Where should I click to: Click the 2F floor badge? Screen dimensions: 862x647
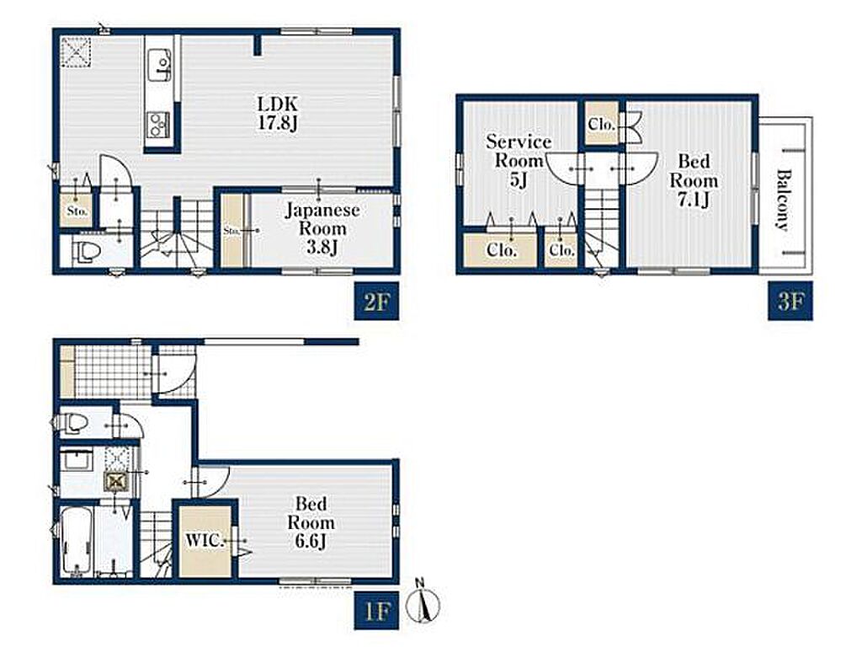point(376,301)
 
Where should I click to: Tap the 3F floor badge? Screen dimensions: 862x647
point(790,301)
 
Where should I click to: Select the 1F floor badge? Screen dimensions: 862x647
point(376,610)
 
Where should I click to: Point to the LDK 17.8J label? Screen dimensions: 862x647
point(278,113)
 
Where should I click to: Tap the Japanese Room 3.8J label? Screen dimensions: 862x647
point(322,228)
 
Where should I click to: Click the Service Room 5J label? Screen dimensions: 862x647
point(519,161)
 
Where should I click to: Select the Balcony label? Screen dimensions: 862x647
point(784,200)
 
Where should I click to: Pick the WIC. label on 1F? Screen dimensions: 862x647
point(204,540)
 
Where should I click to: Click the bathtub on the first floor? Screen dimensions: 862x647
point(77,542)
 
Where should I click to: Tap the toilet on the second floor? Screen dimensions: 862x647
point(88,252)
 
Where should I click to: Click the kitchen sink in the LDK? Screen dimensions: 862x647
point(160,65)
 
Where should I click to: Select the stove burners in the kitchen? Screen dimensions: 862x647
point(158,124)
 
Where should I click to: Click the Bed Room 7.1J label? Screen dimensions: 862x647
point(694,180)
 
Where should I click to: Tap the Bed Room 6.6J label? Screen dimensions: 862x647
point(311,522)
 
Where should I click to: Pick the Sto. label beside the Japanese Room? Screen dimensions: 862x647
point(231,232)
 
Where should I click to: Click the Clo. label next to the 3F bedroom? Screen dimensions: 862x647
point(601,125)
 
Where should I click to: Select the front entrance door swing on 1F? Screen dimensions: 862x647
point(173,374)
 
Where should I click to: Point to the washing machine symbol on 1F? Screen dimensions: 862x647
point(117,483)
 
